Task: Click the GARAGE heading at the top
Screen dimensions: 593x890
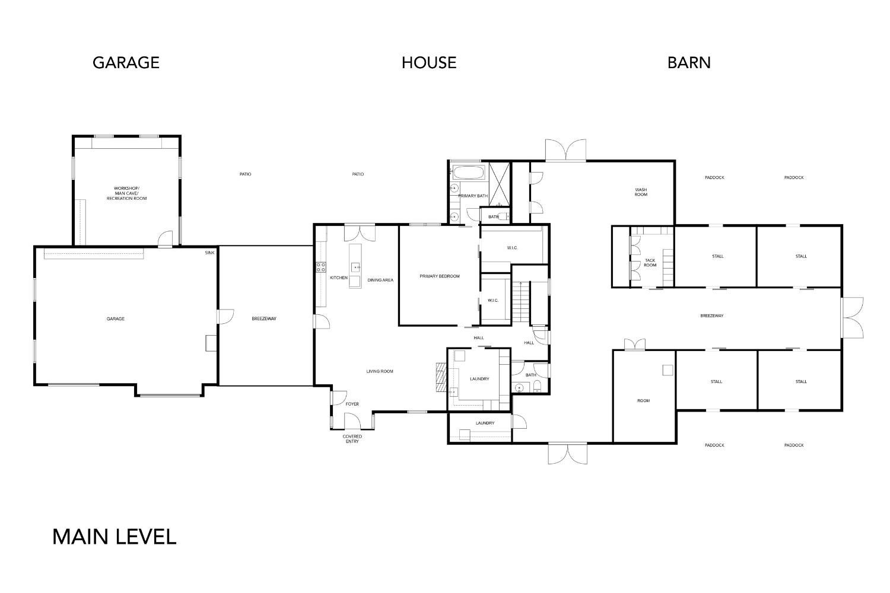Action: point(126,63)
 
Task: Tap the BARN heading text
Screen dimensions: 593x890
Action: point(689,63)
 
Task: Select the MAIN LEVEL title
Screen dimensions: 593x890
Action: point(115,537)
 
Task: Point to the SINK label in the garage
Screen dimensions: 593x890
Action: point(209,253)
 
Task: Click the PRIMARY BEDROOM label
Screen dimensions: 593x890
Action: point(439,276)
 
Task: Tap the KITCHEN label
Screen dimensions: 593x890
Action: point(339,278)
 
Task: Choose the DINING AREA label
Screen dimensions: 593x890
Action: point(380,280)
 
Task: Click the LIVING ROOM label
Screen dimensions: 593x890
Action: point(380,372)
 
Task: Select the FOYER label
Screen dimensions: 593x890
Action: point(352,404)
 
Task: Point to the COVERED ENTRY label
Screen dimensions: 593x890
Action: point(352,439)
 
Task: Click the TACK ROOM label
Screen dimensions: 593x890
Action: point(650,263)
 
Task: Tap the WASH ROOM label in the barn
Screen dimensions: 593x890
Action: point(641,192)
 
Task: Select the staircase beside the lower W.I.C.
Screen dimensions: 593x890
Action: point(520,302)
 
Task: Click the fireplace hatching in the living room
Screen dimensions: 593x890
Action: point(440,377)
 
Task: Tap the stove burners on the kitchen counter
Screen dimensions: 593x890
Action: point(320,267)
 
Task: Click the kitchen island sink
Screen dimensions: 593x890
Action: point(355,267)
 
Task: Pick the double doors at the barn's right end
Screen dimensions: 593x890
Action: point(851,315)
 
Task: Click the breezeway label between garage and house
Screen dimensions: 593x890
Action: point(264,319)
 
